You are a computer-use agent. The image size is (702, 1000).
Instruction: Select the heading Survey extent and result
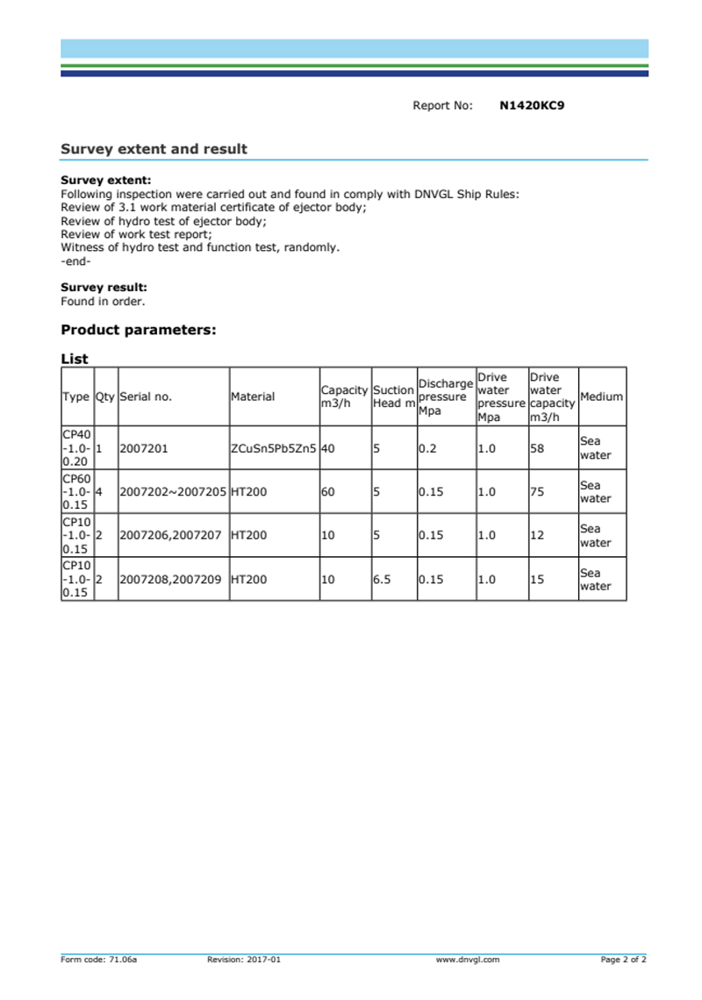pyautogui.click(x=154, y=149)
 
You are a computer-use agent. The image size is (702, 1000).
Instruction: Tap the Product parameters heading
pyautogui.click(x=138, y=331)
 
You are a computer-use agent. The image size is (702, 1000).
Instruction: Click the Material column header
pyautogui.click(x=253, y=396)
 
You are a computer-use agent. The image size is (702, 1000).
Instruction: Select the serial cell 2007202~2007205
pyautogui.click(x=173, y=492)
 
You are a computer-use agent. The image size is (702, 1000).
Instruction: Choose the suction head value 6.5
pyautogui.click(x=382, y=579)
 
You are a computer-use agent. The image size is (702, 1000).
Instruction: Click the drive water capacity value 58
pyautogui.click(x=537, y=448)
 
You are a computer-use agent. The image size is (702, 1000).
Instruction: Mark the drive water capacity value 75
pyautogui.click(x=537, y=492)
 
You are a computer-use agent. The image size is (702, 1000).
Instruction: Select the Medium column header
pyautogui.click(x=601, y=396)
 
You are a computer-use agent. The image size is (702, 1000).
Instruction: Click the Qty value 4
pyautogui.click(x=99, y=492)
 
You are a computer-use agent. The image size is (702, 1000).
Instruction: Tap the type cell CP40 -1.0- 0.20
pyautogui.click(x=77, y=448)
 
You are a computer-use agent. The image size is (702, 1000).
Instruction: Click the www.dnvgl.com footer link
pyautogui.click(x=468, y=961)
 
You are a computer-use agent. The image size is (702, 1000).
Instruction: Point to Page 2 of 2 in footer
pyautogui.click(x=623, y=961)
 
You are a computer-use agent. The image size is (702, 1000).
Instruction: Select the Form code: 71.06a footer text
pyautogui.click(x=98, y=961)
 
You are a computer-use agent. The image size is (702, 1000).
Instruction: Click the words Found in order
pyautogui.click(x=103, y=302)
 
